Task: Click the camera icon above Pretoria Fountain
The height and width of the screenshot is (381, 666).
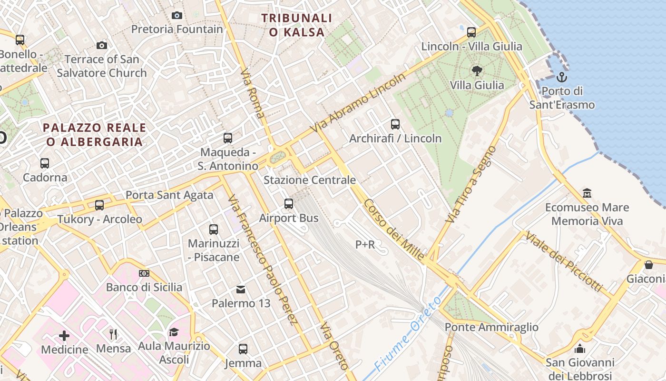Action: pos(177,16)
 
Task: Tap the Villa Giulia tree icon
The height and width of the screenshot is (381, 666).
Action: pos(477,71)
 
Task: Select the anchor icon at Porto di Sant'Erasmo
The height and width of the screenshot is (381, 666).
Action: pos(562,77)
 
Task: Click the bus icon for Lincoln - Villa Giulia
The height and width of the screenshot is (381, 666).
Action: pos(471,32)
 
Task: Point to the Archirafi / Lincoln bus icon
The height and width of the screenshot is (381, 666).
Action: pos(395,124)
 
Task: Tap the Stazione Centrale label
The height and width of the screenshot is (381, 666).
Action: pos(310,180)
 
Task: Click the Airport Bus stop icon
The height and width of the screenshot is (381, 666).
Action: pos(289,204)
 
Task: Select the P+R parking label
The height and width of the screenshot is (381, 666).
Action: pos(365,245)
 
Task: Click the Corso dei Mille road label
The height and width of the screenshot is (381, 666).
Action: pos(394,230)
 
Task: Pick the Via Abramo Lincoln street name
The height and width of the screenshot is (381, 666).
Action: pos(358,103)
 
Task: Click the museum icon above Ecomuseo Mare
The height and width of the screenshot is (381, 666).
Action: pos(587,193)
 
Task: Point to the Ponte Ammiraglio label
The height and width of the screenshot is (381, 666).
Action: pos(491,327)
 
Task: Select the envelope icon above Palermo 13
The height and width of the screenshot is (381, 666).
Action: pos(241,290)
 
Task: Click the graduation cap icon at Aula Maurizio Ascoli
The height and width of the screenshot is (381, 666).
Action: pos(174,332)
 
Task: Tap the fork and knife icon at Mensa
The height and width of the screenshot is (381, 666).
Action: pos(113,334)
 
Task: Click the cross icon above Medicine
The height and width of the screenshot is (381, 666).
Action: pos(64,336)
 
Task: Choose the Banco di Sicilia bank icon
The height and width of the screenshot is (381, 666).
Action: pos(144,273)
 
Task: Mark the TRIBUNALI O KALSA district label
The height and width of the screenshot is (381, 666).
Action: pos(297,25)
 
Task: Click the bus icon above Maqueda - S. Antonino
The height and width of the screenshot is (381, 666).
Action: pos(228,138)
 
